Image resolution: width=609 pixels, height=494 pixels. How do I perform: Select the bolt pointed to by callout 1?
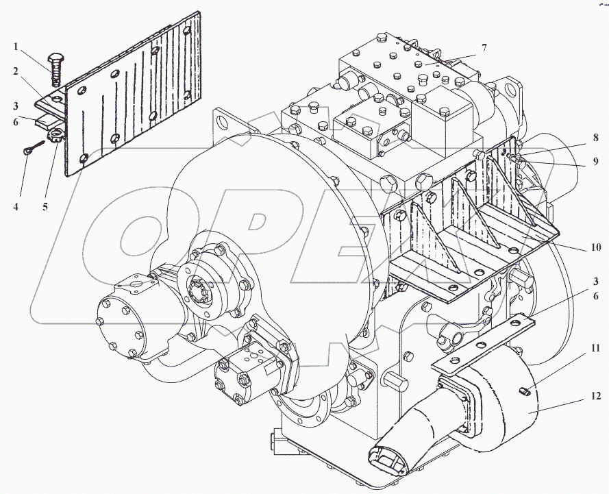pyautogui.click(x=55, y=68)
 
